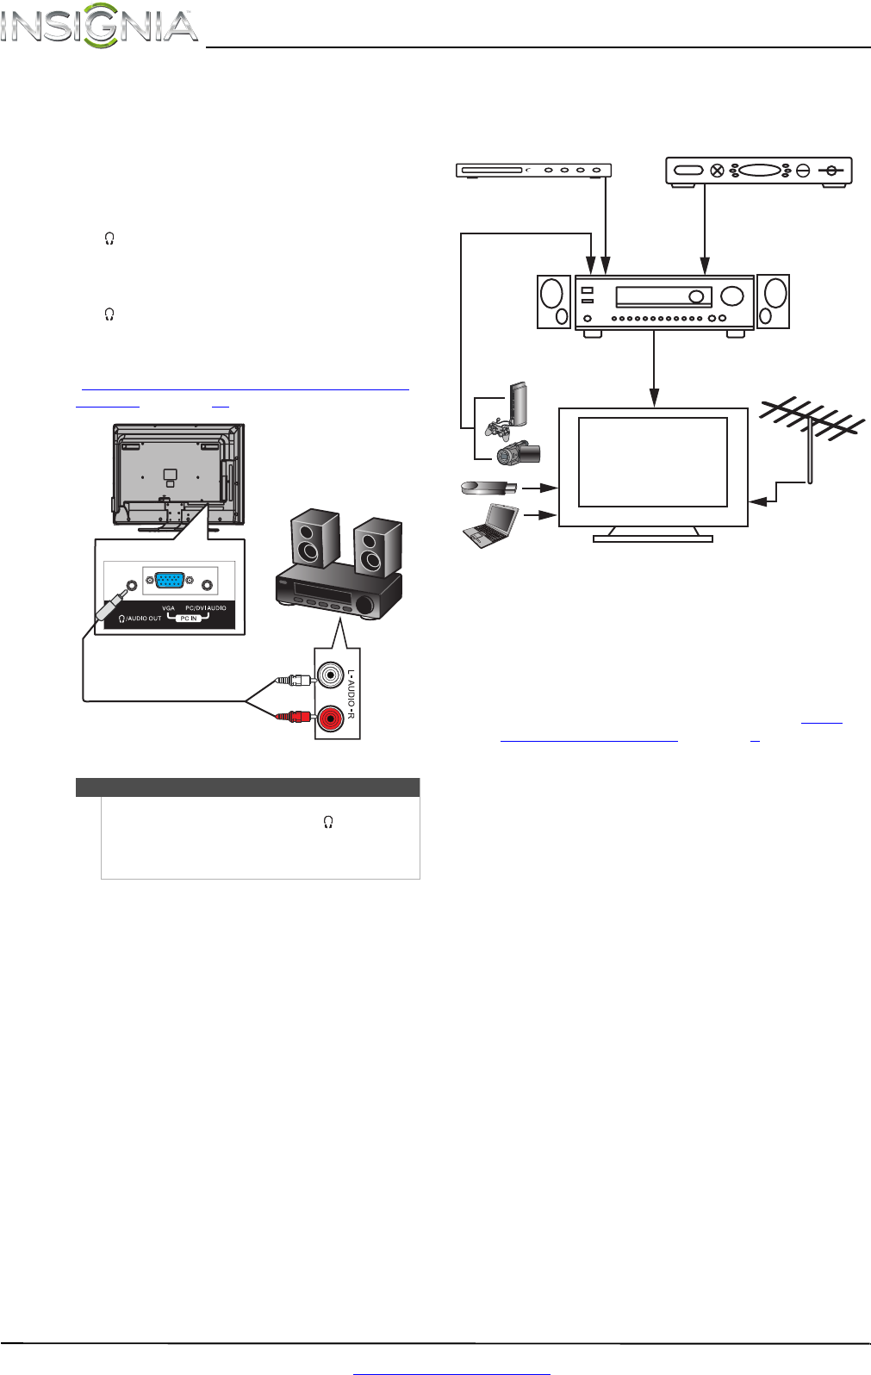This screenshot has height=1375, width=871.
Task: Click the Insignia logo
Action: [x=99, y=26]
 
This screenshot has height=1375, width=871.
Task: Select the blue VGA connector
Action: [x=169, y=582]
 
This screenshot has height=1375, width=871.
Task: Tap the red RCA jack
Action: [x=330, y=717]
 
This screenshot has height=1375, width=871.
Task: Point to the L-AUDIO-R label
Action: [x=352, y=694]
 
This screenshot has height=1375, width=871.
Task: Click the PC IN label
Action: [x=189, y=619]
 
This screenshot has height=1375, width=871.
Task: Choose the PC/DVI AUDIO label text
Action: [x=206, y=608]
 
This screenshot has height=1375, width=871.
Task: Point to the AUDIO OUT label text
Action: [x=144, y=619]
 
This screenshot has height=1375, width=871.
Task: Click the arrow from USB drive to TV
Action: [x=541, y=488]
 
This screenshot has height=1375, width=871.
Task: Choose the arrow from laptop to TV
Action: [x=541, y=516]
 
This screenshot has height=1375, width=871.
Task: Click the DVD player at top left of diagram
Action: [x=533, y=171]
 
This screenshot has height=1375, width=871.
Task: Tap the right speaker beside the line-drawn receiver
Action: [x=773, y=302]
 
